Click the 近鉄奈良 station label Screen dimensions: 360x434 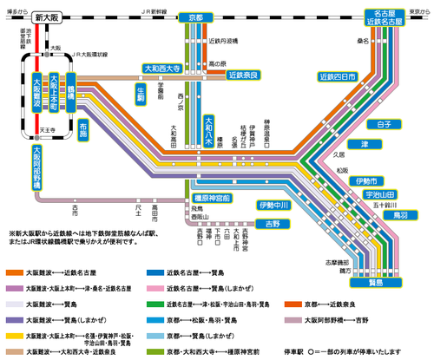[246, 76]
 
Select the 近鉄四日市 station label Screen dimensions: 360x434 [339, 76]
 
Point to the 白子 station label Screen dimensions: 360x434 [385, 124]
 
